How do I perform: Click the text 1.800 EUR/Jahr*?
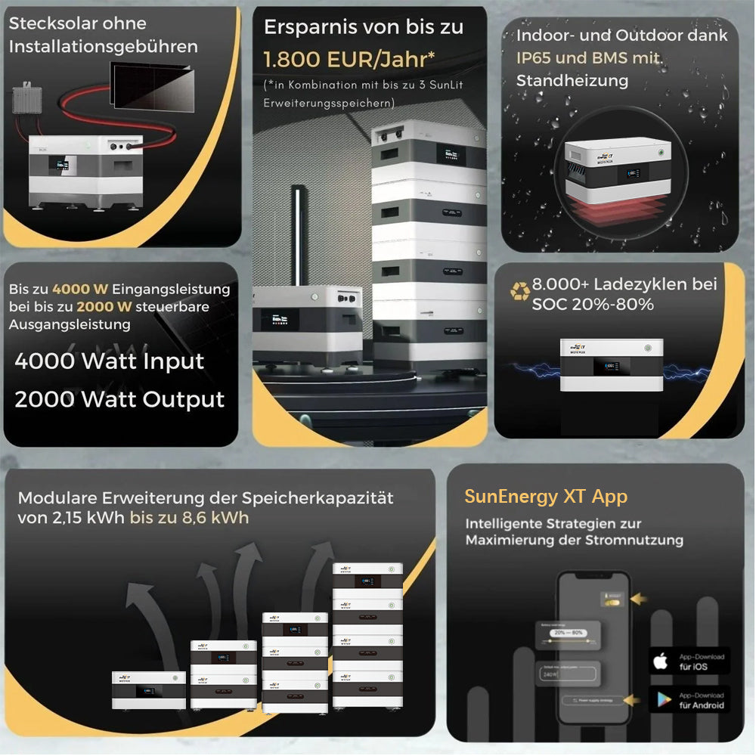tap(349, 58)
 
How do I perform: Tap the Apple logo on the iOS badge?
tap(661, 661)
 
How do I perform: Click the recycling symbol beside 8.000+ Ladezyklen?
tap(520, 291)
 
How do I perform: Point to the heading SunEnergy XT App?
tap(546, 497)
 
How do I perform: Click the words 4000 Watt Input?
tap(110, 361)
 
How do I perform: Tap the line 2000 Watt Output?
tap(119, 399)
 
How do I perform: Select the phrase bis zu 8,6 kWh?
tap(189, 518)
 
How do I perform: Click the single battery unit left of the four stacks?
tap(149, 689)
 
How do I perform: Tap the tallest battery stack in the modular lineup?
tap(367, 635)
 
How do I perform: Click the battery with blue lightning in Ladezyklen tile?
tap(611, 365)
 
